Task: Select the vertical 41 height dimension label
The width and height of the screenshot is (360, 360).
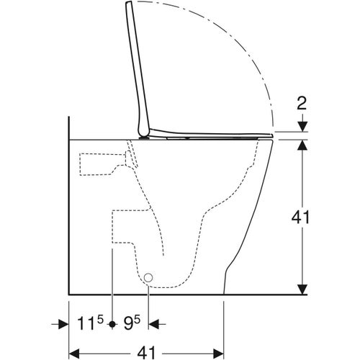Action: (302, 217)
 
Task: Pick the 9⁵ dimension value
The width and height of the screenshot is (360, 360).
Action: (130, 323)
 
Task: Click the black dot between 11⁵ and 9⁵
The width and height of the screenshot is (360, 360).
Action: (112, 325)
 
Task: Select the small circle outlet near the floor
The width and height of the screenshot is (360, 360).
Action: (149, 277)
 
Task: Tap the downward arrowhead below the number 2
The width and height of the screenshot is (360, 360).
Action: (302, 127)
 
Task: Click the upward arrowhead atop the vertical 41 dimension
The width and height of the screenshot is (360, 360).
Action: (302, 144)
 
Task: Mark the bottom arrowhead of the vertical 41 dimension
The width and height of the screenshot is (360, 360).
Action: (302, 289)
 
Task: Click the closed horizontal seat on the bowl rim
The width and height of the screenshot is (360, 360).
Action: (216, 135)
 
